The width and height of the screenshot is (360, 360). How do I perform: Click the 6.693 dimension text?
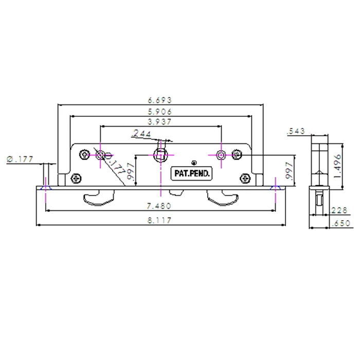[x=159, y=100]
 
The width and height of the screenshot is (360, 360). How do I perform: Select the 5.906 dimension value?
[x=159, y=111]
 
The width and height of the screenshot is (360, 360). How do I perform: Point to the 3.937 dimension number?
[x=159, y=122]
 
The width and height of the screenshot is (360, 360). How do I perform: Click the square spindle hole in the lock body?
[x=161, y=155]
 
